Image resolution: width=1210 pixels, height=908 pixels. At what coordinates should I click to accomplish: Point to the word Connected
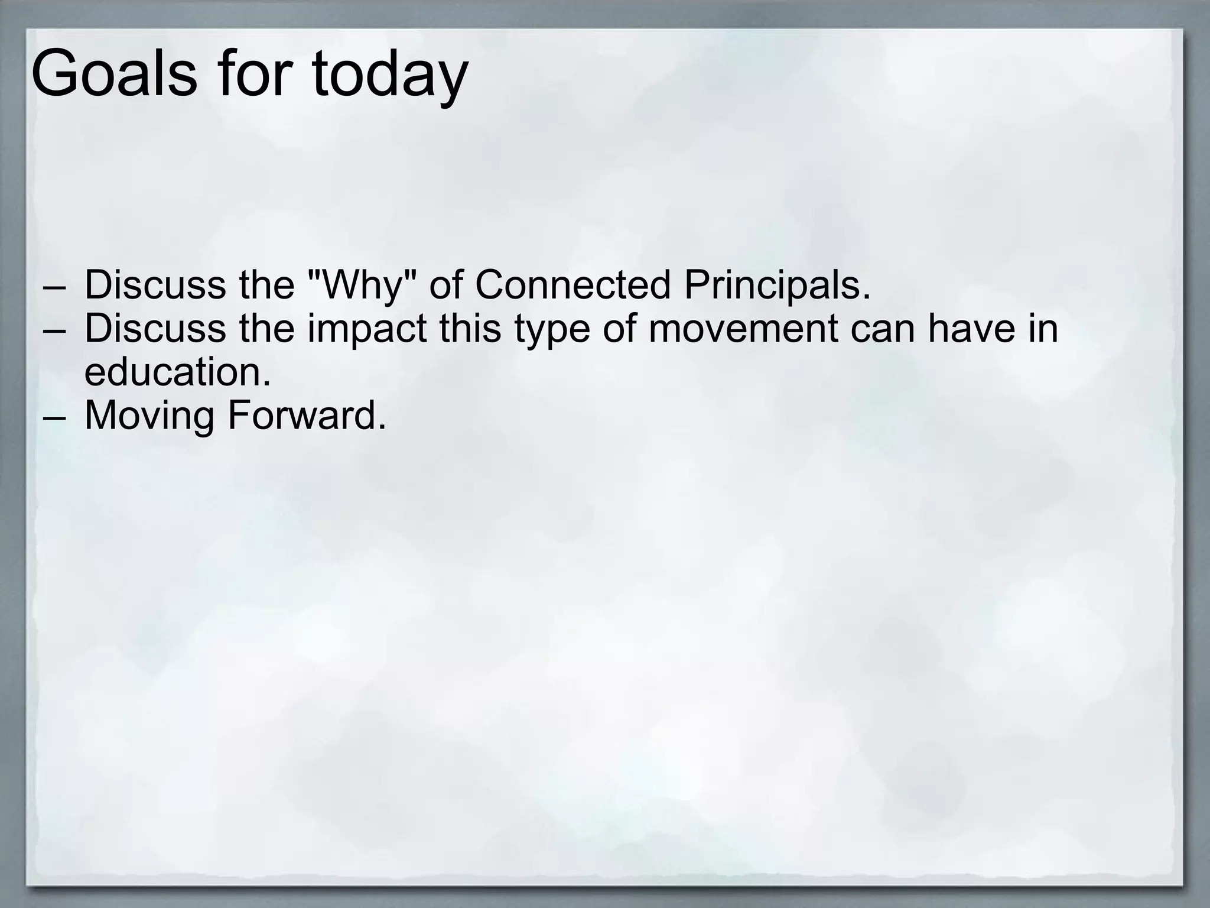pyautogui.click(x=573, y=285)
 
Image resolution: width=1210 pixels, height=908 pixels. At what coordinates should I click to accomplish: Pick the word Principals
pyautogui.click(x=777, y=285)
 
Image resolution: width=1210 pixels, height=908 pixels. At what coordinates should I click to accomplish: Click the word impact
pyautogui.click(x=366, y=329)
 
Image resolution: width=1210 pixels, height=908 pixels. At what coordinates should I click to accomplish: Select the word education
pyautogui.click(x=177, y=372)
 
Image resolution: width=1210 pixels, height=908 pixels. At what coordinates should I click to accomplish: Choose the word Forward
pyautogui.click(x=307, y=416)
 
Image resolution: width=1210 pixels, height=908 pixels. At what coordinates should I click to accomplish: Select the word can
pyautogui.click(x=883, y=330)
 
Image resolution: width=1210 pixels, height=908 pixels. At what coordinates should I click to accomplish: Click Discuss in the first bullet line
pyautogui.click(x=155, y=285)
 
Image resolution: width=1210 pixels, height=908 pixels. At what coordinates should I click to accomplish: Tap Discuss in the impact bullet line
pyautogui.click(x=155, y=329)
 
